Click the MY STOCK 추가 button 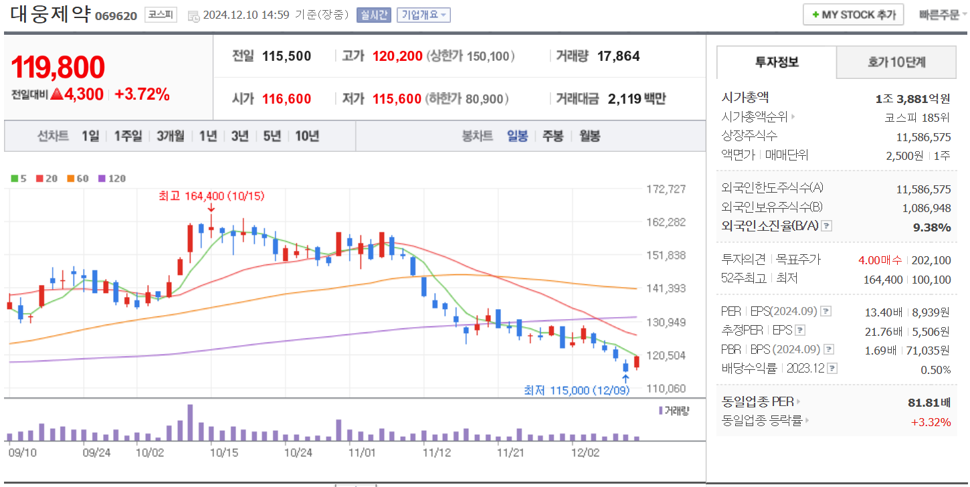click(x=853, y=15)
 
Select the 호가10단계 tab click(x=896, y=62)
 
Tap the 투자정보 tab click(x=777, y=62)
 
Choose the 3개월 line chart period click(x=171, y=136)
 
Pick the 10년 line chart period click(x=307, y=136)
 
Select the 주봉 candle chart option click(x=553, y=136)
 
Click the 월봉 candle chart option click(x=589, y=136)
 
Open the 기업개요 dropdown click(x=423, y=15)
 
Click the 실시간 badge click(x=373, y=15)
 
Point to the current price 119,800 click(x=58, y=67)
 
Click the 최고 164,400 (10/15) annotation click(x=211, y=196)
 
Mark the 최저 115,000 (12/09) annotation click(x=576, y=390)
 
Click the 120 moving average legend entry click(x=112, y=179)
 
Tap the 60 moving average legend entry click(x=78, y=179)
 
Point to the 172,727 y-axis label click(x=666, y=189)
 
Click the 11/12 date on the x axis click(x=437, y=452)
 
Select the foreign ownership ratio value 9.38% click(x=932, y=227)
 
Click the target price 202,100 click(x=931, y=260)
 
